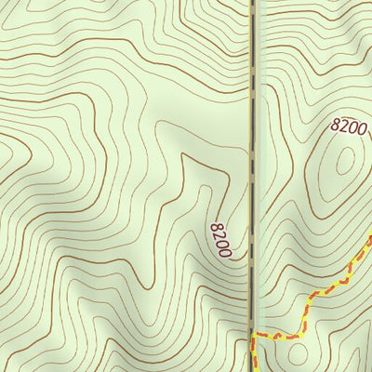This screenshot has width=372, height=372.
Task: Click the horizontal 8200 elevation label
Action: [348, 127]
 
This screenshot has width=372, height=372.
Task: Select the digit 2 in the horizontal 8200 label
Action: [343, 127]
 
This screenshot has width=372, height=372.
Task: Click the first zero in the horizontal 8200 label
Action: [352, 127]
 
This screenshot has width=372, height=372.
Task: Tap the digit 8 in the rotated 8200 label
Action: [215, 226]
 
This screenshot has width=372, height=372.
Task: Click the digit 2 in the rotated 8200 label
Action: [219, 235]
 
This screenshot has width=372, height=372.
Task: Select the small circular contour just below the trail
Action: [298, 354]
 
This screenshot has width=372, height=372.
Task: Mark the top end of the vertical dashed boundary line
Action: [253, 3]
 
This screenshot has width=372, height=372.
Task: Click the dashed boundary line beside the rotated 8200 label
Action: [253, 237]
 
